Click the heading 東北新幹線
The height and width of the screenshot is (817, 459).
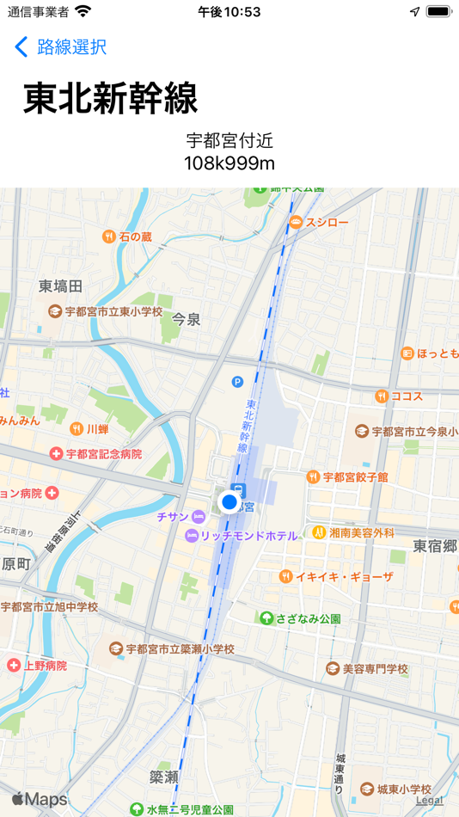pos(110,98)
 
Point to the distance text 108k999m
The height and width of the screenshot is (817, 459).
pos(229,163)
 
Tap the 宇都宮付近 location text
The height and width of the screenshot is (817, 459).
pos(229,141)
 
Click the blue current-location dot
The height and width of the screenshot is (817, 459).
pos(229,501)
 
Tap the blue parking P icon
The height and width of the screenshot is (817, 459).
pos(237,382)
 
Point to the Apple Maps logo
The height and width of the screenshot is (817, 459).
pos(40,800)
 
